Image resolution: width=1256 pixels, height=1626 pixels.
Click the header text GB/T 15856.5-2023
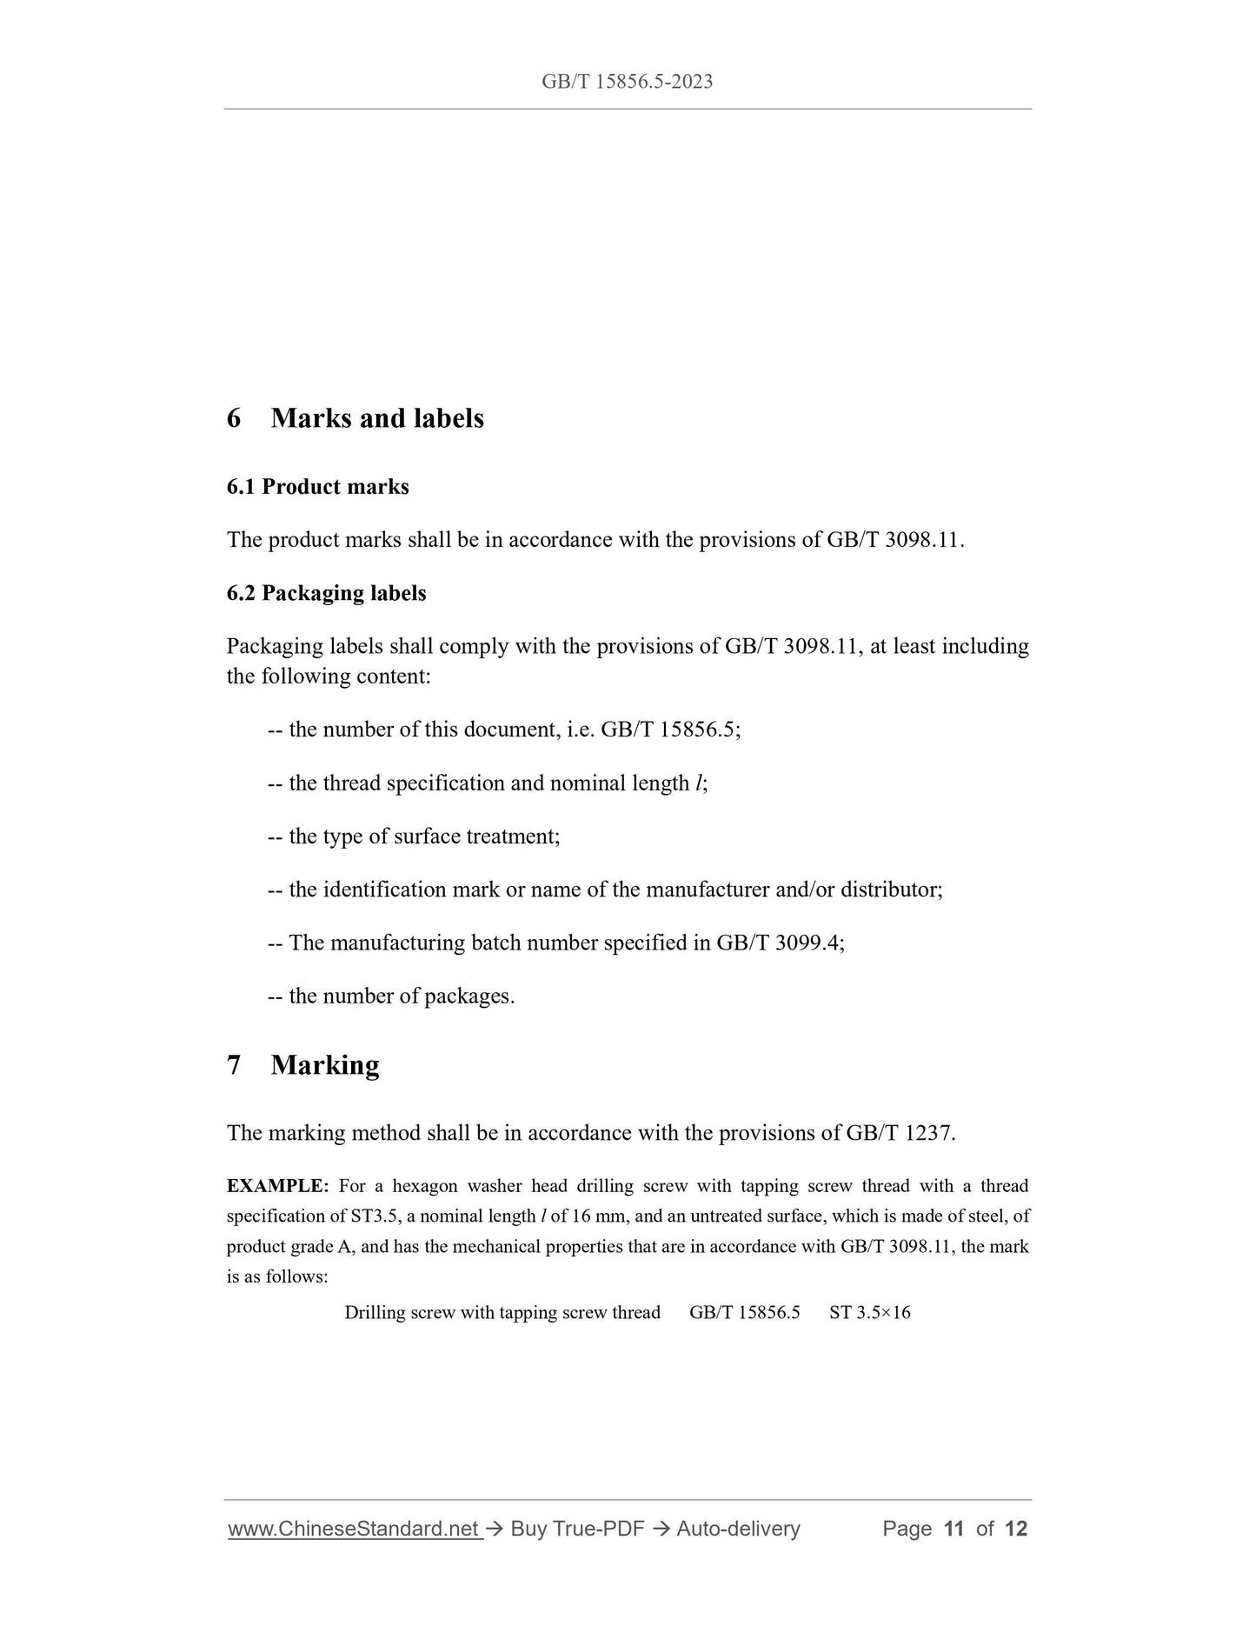pos(627,82)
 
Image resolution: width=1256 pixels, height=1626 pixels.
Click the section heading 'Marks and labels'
pos(377,418)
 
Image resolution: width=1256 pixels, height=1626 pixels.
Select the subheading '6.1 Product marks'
pos(317,487)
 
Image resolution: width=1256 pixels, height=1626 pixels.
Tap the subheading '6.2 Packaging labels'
pos(326,593)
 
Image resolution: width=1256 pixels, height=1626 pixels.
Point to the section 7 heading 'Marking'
pos(324,1065)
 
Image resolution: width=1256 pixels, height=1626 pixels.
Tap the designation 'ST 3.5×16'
pos(870,1312)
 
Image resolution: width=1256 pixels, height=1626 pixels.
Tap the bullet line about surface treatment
pos(414,836)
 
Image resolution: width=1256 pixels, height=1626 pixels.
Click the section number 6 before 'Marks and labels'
pos(234,418)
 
